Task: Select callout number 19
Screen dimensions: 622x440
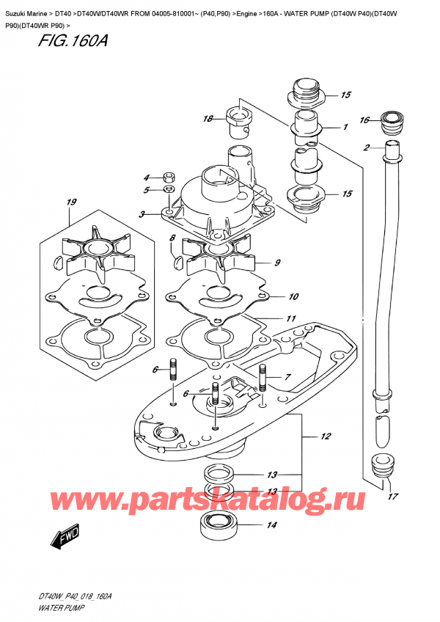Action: pyautogui.click(x=70, y=202)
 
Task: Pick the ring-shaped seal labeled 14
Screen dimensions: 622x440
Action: pyautogui.click(x=221, y=526)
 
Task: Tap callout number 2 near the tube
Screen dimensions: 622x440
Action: pyautogui.click(x=365, y=147)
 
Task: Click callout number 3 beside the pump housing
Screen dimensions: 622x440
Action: pyautogui.click(x=146, y=213)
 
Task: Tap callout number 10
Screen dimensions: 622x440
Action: pyautogui.click(x=293, y=296)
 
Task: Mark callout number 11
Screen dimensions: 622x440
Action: pyautogui.click(x=291, y=318)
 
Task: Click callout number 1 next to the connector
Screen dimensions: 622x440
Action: pyautogui.click(x=345, y=127)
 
